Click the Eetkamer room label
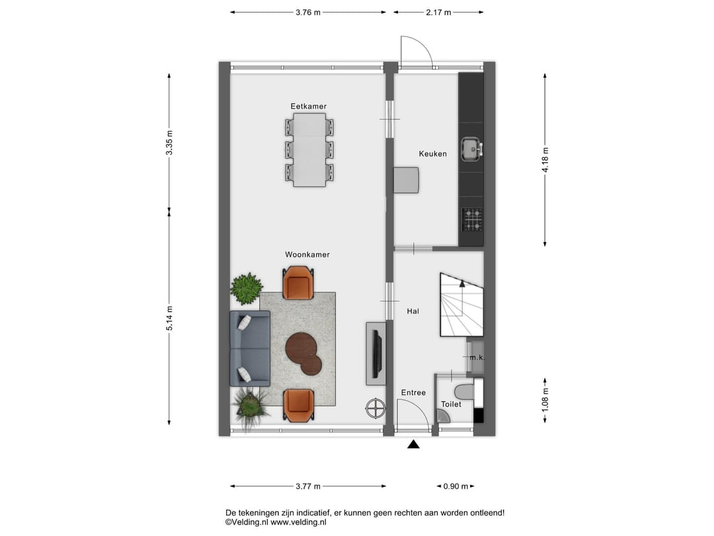click(308, 107)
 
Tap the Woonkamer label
click(307, 255)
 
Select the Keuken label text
click(433, 154)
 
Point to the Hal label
click(413, 310)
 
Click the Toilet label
click(451, 404)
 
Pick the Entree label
click(413, 393)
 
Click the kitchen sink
click(471, 150)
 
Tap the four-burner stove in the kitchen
click(471, 219)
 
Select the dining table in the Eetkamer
click(309, 150)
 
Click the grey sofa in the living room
click(250, 348)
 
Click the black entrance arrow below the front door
click(413, 445)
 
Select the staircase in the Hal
click(461, 306)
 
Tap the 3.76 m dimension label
click(308, 13)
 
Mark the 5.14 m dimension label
click(169, 318)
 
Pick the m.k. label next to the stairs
click(477, 358)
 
